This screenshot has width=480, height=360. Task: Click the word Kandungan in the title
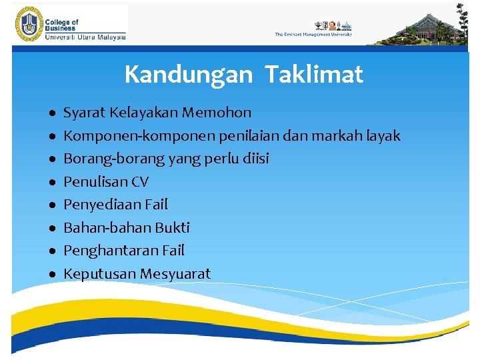[x=188, y=75]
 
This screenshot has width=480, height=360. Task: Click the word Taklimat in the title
[x=313, y=75]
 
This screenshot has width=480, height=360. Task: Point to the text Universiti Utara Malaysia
[x=85, y=37]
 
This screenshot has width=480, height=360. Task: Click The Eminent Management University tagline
[x=313, y=35]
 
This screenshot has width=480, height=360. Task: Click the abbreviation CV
[x=140, y=182]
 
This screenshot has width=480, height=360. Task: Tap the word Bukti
[x=172, y=228]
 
